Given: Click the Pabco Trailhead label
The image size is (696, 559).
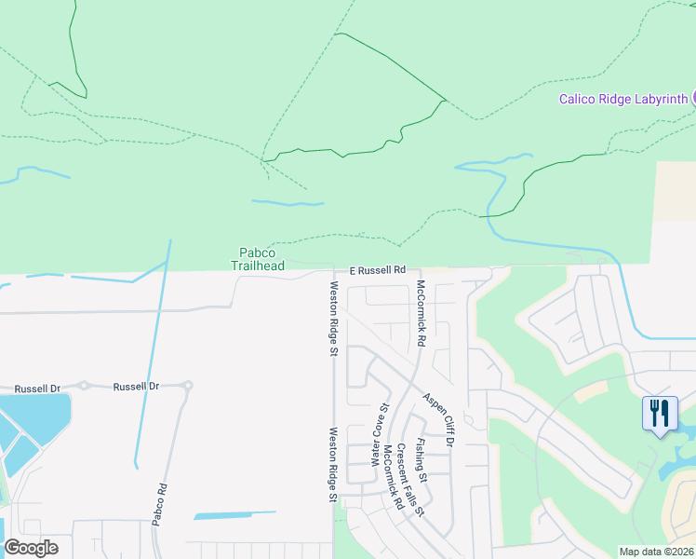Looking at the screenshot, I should [x=258, y=258].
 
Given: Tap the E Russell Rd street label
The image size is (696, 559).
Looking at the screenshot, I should [x=378, y=270].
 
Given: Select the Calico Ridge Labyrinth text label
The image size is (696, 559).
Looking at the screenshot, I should [x=622, y=99].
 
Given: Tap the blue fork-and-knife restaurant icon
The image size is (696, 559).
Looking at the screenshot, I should [x=660, y=412].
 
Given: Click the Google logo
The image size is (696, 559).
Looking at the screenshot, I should [x=31, y=548].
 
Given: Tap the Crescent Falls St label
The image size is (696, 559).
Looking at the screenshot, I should [x=410, y=480].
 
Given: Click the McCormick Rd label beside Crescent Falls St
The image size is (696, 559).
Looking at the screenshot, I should [x=393, y=477].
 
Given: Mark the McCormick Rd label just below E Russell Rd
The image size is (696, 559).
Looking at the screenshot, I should [x=420, y=313].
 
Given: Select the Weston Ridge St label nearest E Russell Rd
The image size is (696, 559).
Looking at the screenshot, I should [x=333, y=318].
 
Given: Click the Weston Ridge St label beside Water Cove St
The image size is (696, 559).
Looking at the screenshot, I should [x=332, y=465].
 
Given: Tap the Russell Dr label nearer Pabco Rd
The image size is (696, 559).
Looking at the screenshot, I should [x=136, y=386].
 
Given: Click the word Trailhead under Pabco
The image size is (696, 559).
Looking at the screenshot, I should [x=258, y=266].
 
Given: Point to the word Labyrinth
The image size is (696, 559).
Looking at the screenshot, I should [x=661, y=99].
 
